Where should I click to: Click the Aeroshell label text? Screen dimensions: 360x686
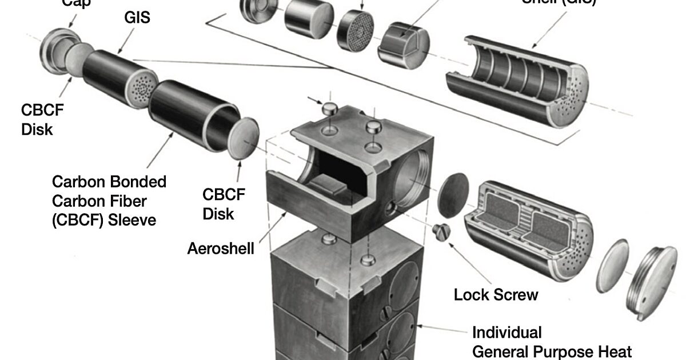pyautogui.click(x=221, y=250)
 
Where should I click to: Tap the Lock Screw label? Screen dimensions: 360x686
pyautogui.click(x=496, y=295)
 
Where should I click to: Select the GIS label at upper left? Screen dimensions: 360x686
pyautogui.click(x=137, y=18)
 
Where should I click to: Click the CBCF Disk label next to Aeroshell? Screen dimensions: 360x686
pyautogui.click(x=224, y=204)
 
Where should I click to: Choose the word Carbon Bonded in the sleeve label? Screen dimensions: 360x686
pyautogui.click(x=109, y=182)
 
